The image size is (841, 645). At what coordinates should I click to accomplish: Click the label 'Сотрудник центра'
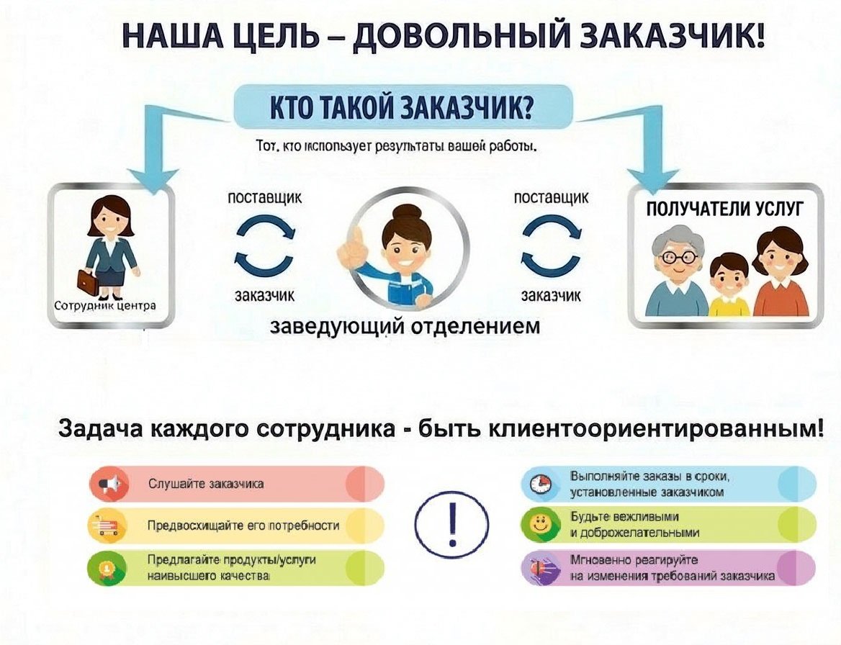coord(105,306)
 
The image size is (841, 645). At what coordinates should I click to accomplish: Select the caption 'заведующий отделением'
coord(405,325)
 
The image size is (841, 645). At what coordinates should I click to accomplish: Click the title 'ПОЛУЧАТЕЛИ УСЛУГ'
coord(725,208)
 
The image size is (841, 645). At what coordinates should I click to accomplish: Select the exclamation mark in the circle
coord(453,524)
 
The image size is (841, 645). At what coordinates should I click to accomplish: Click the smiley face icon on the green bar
coord(539,524)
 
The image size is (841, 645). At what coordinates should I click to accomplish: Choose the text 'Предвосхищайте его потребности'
coord(243,526)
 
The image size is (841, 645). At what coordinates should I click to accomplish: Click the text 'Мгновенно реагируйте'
coord(634,560)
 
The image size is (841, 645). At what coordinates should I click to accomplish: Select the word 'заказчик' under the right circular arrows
coord(551,295)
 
